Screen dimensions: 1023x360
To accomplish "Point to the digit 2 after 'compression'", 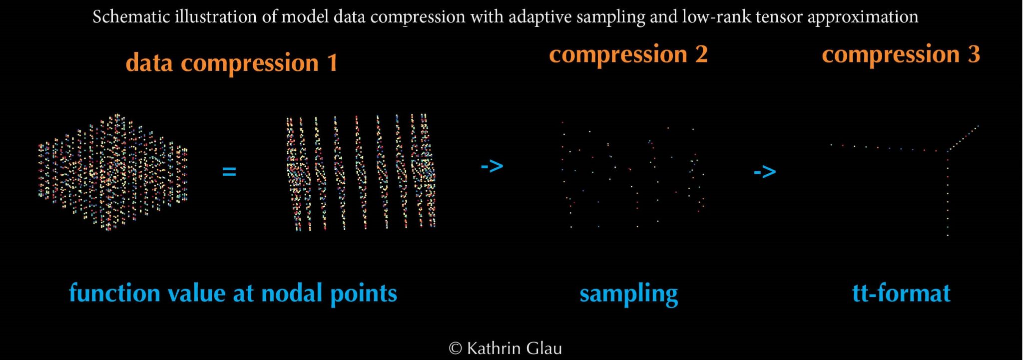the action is click(x=701, y=54).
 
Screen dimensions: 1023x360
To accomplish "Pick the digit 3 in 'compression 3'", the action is click(x=974, y=54).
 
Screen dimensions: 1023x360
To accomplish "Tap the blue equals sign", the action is click(x=229, y=172).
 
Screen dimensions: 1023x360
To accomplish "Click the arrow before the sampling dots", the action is click(x=492, y=166).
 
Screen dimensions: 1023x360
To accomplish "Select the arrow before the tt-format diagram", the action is click(x=764, y=172).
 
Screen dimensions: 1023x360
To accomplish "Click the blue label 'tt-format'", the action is click(x=901, y=293).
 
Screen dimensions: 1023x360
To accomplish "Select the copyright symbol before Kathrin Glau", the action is click(x=455, y=349).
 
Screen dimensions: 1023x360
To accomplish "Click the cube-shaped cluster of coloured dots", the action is click(x=113, y=172).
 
